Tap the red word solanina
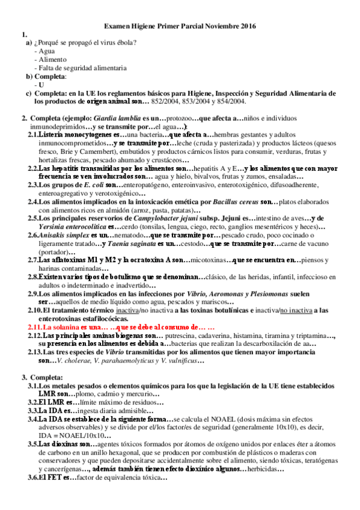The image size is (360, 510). pyautogui.click(x=64, y=326)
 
